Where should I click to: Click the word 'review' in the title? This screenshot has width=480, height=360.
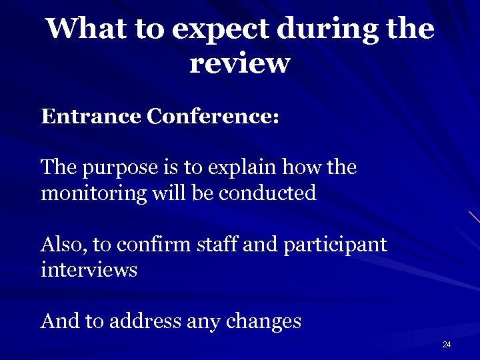coord(240,64)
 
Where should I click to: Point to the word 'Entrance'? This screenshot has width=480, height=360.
coord(91,117)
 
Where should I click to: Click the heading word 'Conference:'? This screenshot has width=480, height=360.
coord(213,117)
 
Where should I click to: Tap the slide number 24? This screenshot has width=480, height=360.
coord(447,345)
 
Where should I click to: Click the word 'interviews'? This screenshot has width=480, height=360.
coord(89,271)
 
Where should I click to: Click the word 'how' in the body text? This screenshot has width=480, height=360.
coord(305,167)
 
